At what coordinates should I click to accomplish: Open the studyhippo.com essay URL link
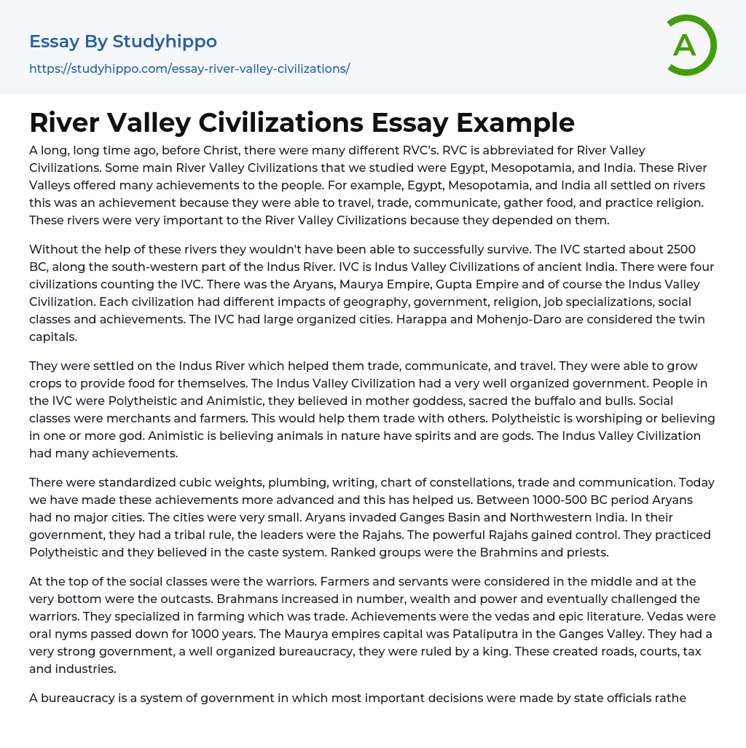click(189, 68)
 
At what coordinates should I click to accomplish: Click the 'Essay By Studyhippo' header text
click(123, 42)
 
